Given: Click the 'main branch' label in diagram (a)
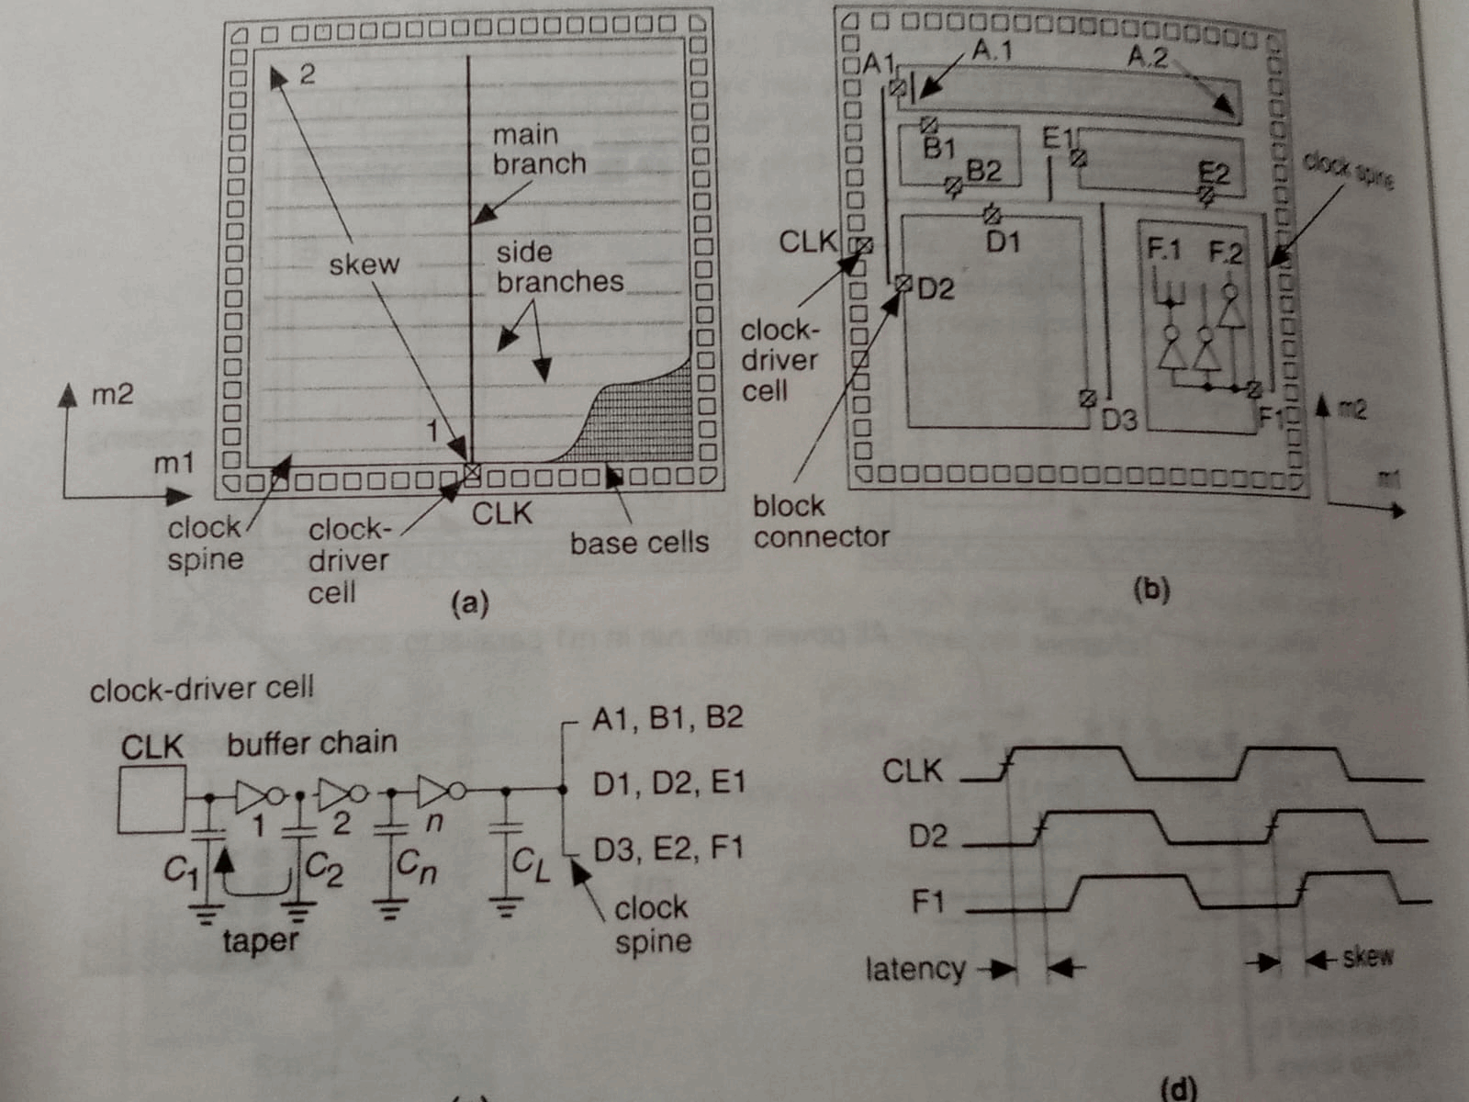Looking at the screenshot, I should [538, 149].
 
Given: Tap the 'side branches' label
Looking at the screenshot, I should [558, 267].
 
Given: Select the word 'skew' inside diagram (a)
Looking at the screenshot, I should [364, 264].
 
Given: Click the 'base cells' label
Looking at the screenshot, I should [639, 543].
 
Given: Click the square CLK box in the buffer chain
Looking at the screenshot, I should [151, 800].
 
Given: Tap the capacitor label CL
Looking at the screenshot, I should [531, 863].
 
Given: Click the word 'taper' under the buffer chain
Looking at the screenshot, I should [260, 940].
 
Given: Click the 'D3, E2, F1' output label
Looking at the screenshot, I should [667, 848].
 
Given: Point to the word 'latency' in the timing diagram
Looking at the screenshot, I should [914, 969].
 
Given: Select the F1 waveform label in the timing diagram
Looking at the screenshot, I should [927, 902].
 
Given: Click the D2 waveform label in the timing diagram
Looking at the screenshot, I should [927, 836].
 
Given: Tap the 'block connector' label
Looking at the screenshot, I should [820, 521].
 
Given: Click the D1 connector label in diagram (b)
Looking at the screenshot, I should [1004, 242].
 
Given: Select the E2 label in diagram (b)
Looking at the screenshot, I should [1214, 174].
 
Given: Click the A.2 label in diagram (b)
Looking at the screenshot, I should [1148, 57].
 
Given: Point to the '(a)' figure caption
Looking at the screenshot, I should [469, 603].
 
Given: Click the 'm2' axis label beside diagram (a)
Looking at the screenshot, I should [112, 395].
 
